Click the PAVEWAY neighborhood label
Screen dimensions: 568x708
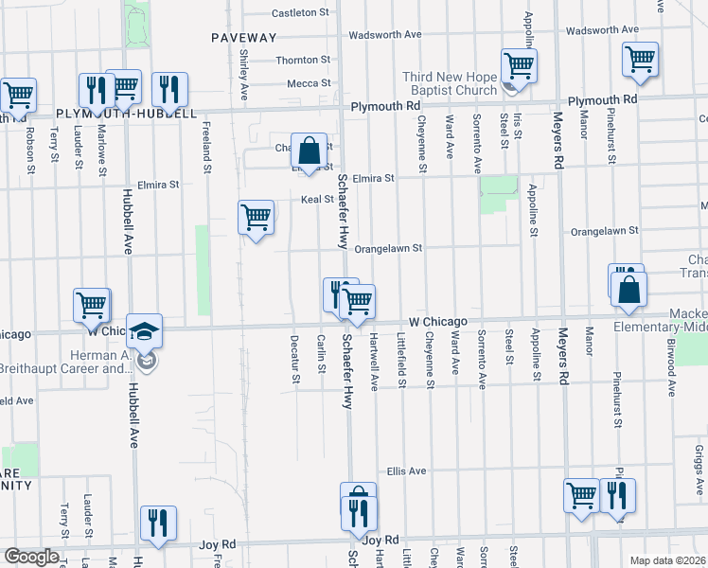[x=244, y=38]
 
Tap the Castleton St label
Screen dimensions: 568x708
[x=299, y=13]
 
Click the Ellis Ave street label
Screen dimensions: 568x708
[x=406, y=470]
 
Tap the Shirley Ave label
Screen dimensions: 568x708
[x=244, y=77]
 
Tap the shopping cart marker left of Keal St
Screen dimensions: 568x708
[x=256, y=218]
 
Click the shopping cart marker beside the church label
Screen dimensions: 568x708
[x=519, y=65]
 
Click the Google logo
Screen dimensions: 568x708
[x=31, y=557]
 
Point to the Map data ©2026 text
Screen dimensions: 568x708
[x=668, y=559]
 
